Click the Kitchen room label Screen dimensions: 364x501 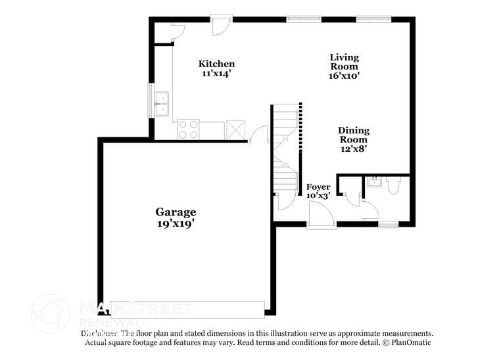point(217,64)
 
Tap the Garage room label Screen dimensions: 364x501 point(176,212)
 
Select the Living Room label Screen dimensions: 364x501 point(344,62)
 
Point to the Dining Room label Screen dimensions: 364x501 point(353,135)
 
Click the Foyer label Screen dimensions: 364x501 point(318,187)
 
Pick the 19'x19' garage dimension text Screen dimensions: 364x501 point(176,223)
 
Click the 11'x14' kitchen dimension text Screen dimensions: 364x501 point(217,74)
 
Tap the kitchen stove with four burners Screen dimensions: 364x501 point(188,129)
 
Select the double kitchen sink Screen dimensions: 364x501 point(161,104)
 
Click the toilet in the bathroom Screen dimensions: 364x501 point(394,187)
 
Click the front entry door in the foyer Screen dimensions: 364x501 point(321,216)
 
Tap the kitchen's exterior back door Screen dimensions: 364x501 point(220,26)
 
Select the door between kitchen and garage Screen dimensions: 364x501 point(259,135)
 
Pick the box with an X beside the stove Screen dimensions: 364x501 point(235,129)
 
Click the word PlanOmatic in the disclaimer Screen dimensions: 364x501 point(410,343)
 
